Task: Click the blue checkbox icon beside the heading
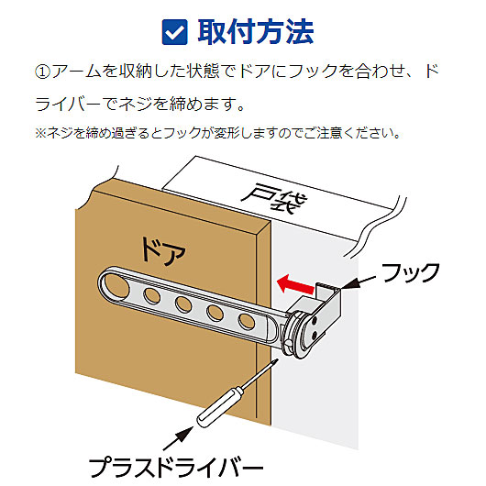point(174,32)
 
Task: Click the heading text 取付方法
point(256,31)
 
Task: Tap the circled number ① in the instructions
point(42,72)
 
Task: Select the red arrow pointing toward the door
point(295,284)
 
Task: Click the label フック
point(411,272)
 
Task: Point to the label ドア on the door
point(163,251)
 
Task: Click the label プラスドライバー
point(176,467)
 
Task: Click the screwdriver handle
point(220,406)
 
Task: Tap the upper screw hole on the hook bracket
point(314,322)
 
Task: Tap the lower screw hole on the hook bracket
point(314,335)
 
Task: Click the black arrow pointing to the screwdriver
point(179,438)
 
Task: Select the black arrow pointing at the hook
point(358,282)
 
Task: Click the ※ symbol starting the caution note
point(40,133)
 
